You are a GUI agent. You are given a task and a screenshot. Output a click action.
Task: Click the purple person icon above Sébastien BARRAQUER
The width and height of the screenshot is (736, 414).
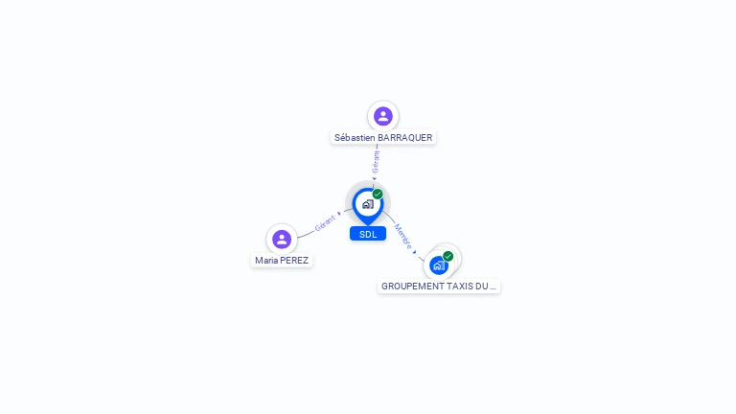click(383, 116)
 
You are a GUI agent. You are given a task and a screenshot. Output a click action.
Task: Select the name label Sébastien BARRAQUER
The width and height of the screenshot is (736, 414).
click(383, 138)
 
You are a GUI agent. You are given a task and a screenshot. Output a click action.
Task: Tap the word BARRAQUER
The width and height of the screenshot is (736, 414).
click(405, 138)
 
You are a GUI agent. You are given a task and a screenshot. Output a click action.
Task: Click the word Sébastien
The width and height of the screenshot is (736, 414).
click(355, 138)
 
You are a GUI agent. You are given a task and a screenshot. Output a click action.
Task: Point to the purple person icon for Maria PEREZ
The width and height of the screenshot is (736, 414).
click(282, 239)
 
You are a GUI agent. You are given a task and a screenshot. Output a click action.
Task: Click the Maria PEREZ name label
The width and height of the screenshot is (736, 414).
click(282, 260)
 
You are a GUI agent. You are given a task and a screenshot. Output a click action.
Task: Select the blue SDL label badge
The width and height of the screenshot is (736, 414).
click(368, 234)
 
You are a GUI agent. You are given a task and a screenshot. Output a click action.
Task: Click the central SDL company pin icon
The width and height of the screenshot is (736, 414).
click(367, 204)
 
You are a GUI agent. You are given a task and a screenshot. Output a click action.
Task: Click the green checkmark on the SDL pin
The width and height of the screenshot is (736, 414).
click(378, 195)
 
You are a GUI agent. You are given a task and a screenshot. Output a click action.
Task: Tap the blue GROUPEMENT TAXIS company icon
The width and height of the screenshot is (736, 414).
click(439, 265)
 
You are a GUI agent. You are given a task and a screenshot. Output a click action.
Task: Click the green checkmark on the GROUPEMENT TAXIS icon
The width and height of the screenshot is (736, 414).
click(448, 256)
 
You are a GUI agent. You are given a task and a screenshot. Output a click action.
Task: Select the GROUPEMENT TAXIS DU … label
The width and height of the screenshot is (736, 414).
click(439, 287)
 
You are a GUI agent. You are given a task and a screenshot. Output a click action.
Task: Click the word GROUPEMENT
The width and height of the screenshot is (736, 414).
click(412, 287)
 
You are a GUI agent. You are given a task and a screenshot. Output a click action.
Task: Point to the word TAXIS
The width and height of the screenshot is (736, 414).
click(461, 287)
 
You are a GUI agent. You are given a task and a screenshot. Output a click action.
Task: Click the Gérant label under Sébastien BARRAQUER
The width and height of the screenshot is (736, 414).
click(376, 162)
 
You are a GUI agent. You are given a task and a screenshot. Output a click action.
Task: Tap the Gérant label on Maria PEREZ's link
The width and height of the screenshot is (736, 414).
click(325, 224)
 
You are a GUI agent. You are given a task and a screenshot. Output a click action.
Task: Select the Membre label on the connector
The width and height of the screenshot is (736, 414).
click(403, 238)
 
